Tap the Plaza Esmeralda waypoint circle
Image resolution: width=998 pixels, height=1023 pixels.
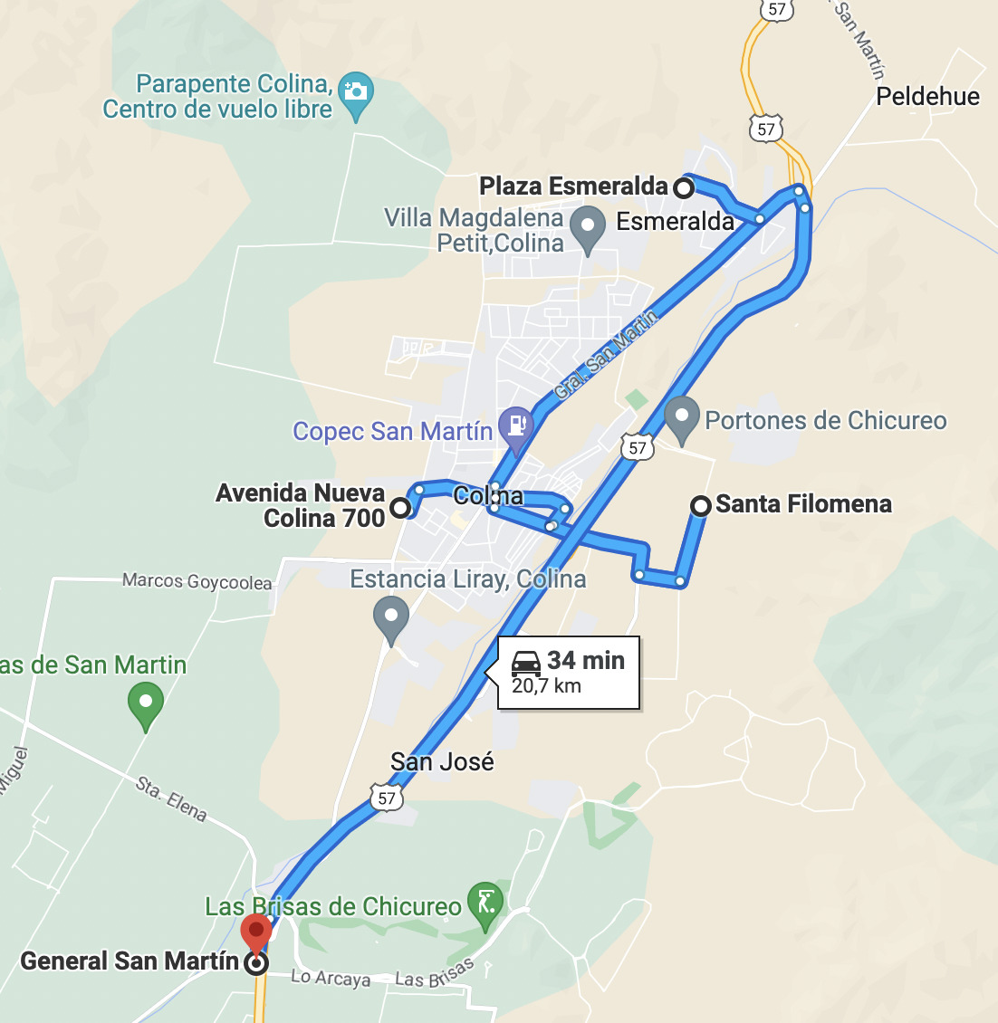(x=684, y=188)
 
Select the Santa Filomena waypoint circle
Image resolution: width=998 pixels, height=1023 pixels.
(x=700, y=506)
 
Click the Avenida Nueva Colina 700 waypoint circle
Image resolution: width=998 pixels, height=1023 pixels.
(x=400, y=509)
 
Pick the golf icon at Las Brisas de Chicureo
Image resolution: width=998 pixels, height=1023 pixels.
(x=485, y=903)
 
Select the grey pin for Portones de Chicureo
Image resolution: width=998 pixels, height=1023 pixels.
(x=682, y=418)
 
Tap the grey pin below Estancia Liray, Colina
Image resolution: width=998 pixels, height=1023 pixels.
(x=391, y=617)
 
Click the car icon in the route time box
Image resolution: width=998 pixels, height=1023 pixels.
(x=526, y=664)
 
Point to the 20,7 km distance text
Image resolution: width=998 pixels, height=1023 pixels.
(x=546, y=686)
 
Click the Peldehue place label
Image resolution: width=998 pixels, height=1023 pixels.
(x=927, y=97)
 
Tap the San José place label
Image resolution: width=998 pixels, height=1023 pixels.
(x=442, y=762)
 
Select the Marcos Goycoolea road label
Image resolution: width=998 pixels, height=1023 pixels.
(x=197, y=581)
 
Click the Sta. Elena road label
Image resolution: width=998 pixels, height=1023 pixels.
(x=171, y=798)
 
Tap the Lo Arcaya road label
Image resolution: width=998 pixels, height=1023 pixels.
(x=331, y=979)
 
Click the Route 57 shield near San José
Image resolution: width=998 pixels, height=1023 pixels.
(x=387, y=798)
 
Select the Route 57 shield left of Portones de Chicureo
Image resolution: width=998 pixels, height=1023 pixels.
(x=638, y=447)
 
